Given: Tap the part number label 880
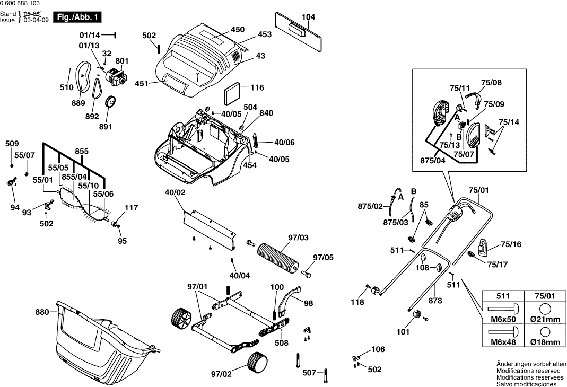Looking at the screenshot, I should tap(42, 312).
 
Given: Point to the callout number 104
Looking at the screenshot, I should tap(308, 17).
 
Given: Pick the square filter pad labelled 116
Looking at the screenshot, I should tap(232, 95).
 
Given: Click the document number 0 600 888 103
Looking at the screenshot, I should tap(21, 4).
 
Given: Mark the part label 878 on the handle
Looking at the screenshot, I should tap(435, 301).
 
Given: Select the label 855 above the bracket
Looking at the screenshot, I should tap(82, 151).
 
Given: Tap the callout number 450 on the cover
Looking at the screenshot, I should tap(238, 29).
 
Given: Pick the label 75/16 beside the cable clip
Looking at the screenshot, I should tap(511, 245).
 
